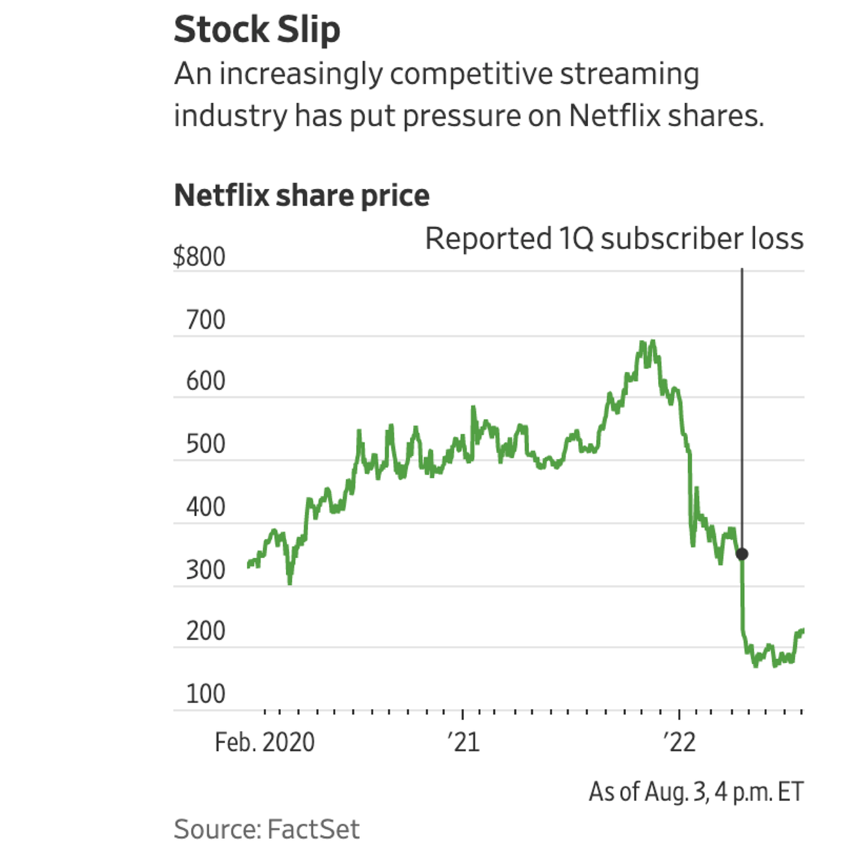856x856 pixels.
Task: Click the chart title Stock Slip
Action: [257, 29]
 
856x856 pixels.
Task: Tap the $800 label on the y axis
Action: [199, 257]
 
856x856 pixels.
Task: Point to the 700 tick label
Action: [205, 320]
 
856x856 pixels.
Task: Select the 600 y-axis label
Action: [205, 381]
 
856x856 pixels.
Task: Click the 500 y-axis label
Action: [205, 444]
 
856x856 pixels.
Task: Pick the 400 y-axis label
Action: [205, 507]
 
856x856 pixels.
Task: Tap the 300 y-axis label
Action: [205, 569]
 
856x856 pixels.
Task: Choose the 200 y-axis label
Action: [205, 631]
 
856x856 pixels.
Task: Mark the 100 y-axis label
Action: [205, 693]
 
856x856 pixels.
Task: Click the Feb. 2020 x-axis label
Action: [264, 742]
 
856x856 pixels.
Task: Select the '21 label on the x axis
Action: [463, 742]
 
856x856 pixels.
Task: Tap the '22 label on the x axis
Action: [679, 742]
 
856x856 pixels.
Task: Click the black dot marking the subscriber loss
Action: [742, 554]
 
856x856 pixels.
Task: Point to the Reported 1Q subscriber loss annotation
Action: [613, 239]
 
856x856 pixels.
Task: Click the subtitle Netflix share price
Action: [301, 195]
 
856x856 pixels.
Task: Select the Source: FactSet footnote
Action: [267, 829]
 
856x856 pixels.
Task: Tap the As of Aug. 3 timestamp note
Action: [696, 791]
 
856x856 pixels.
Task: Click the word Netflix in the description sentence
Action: [615, 115]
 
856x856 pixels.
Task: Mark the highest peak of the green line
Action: [653, 341]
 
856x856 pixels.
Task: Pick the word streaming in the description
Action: [629, 74]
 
